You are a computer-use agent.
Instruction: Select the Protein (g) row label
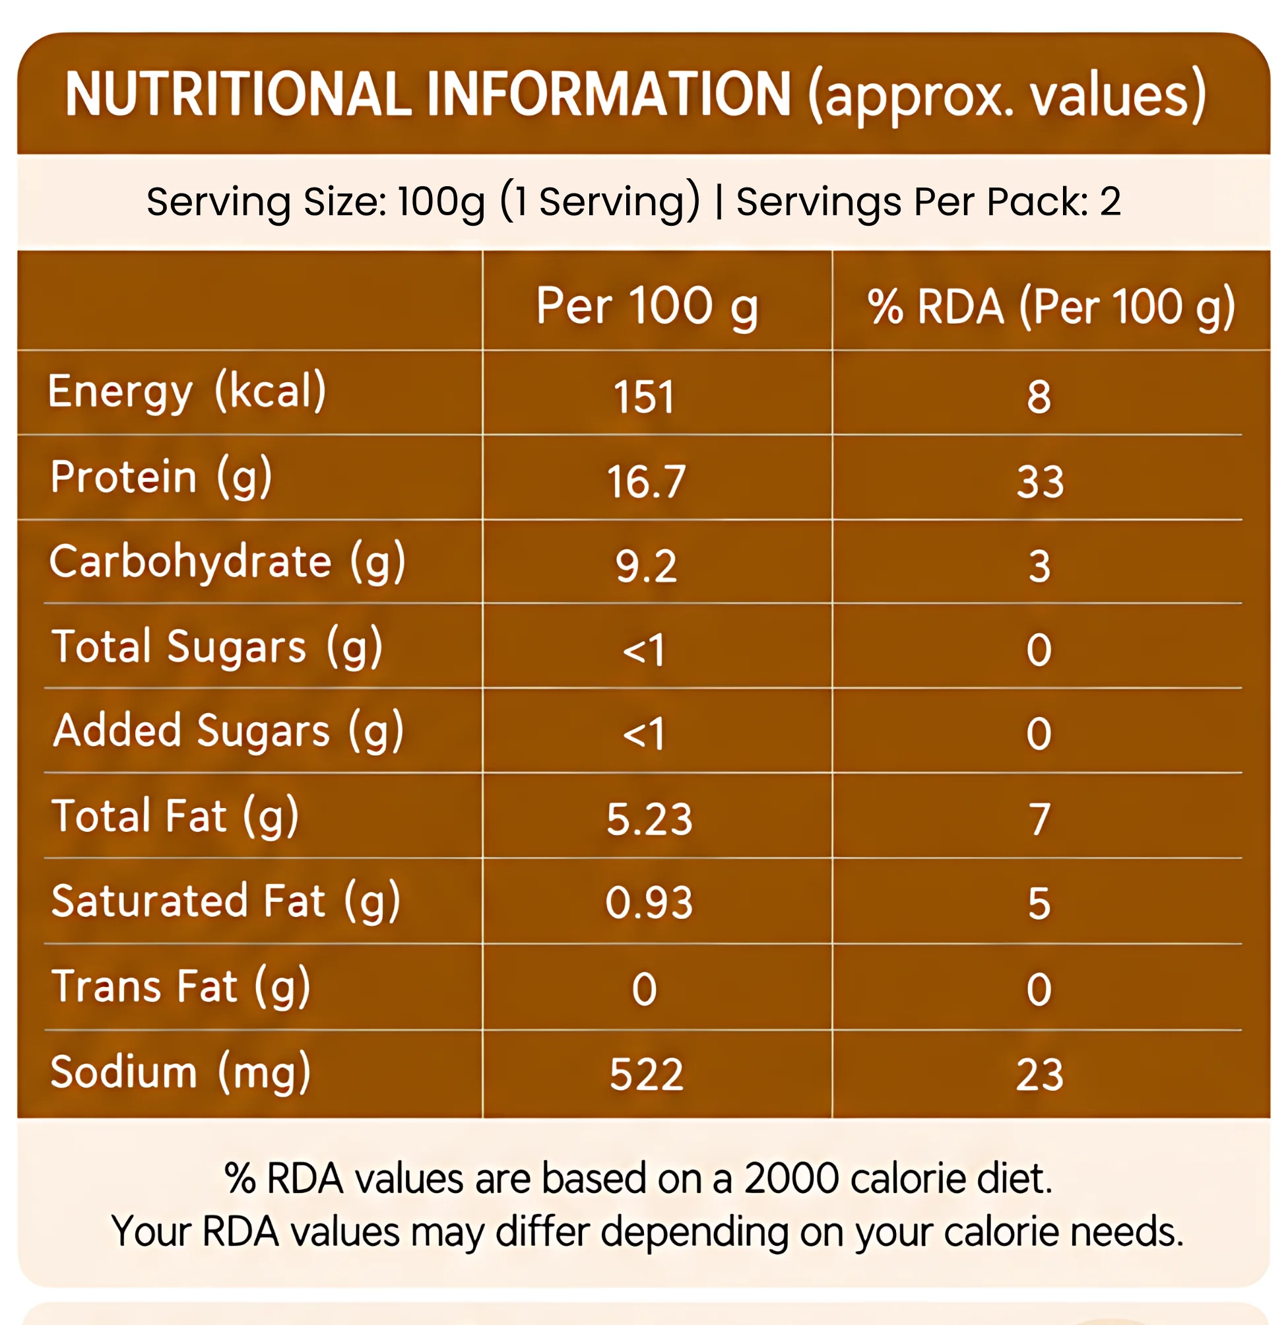tap(161, 477)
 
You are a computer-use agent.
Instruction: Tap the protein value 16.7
tap(646, 482)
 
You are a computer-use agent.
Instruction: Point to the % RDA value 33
tap(1040, 482)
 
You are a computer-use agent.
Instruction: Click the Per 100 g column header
tap(647, 307)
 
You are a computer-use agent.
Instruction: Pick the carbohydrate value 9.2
tap(645, 566)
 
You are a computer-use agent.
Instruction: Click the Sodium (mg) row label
tap(181, 1073)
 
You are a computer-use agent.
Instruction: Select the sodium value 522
tap(646, 1075)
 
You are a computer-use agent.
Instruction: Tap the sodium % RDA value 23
tap(1040, 1075)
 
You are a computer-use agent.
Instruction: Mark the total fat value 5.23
tap(649, 819)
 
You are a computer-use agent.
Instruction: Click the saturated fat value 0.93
tap(649, 903)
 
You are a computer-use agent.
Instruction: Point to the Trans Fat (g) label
tap(181, 986)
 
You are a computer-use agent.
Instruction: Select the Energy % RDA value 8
tap(1039, 397)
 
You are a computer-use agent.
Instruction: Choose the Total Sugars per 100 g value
tap(643, 650)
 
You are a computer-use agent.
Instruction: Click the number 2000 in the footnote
tap(791, 1179)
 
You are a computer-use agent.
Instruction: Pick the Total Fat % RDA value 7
tap(1040, 819)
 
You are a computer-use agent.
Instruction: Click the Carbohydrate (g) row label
tap(227, 562)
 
